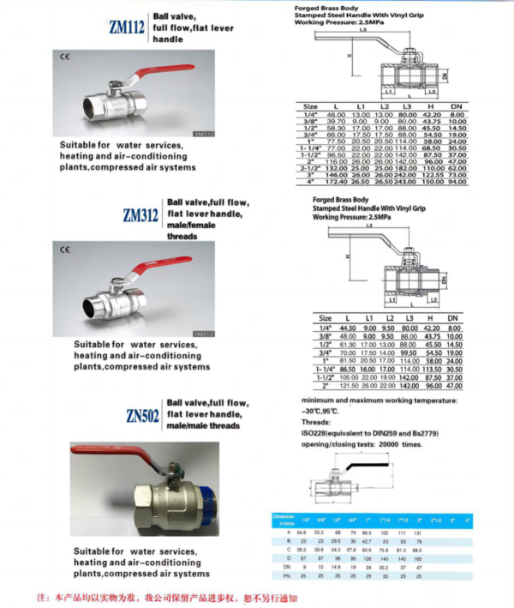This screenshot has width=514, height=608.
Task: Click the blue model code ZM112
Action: coord(126,27)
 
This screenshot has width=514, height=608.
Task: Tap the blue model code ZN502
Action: coord(142,417)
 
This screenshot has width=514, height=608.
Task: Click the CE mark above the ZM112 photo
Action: coord(64,57)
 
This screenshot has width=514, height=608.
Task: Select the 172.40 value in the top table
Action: coord(336,182)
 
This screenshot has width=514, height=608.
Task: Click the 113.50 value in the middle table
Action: coord(432,370)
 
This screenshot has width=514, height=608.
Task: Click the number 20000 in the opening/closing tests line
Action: coord(389,445)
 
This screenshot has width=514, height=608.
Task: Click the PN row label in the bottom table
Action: coord(279,576)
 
